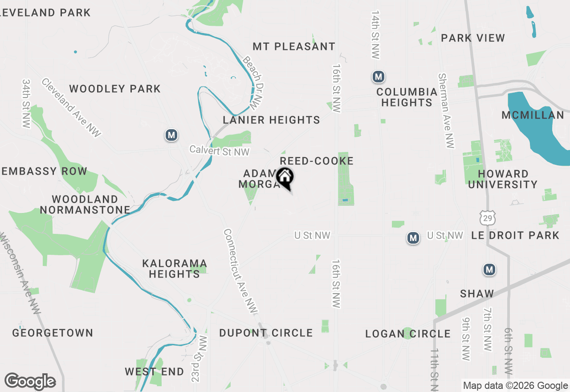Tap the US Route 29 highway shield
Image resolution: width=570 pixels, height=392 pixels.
tap(486, 218)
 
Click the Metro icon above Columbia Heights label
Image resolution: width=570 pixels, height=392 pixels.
tap(379, 77)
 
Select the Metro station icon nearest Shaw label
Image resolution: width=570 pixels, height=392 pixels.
tap(489, 269)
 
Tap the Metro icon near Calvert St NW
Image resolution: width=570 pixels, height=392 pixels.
tap(171, 135)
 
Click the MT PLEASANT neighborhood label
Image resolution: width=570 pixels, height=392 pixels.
tap(294, 46)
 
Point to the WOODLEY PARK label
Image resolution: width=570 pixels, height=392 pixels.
tap(115, 89)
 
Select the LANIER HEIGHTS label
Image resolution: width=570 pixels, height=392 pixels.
tap(271, 120)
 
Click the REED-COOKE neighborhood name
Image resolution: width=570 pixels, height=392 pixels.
tap(317, 161)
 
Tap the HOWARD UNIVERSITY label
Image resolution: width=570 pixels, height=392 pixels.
tap(503, 179)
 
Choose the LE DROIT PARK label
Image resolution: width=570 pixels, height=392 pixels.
tap(515, 235)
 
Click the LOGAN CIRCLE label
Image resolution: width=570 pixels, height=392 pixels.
tap(408, 334)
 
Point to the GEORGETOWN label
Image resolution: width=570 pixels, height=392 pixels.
tap(53, 333)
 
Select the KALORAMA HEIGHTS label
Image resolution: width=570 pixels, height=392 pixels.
tap(175, 269)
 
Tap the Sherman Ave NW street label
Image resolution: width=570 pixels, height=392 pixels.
tap(447, 111)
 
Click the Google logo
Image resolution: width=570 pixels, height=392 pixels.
tap(30, 382)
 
